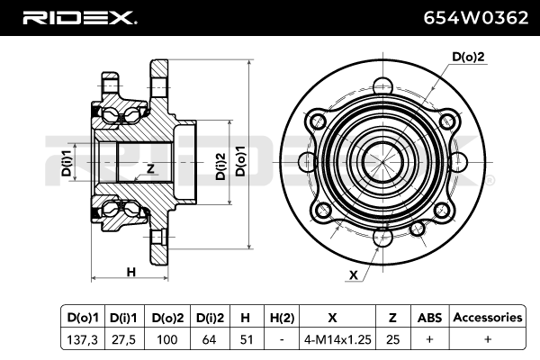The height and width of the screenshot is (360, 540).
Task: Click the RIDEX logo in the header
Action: (79, 18)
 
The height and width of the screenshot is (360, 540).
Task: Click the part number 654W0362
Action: (475, 18)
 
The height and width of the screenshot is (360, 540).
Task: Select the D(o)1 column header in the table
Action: (83, 318)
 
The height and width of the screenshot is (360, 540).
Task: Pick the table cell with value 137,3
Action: (83, 339)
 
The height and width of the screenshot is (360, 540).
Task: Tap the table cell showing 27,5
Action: (123, 339)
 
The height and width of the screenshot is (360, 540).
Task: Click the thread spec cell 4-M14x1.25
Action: (337, 339)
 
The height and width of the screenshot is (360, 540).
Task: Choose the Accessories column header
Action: (488, 318)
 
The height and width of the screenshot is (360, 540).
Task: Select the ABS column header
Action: (429, 318)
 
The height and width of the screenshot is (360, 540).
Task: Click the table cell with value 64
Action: (209, 339)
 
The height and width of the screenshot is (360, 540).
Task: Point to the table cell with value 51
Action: (247, 339)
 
